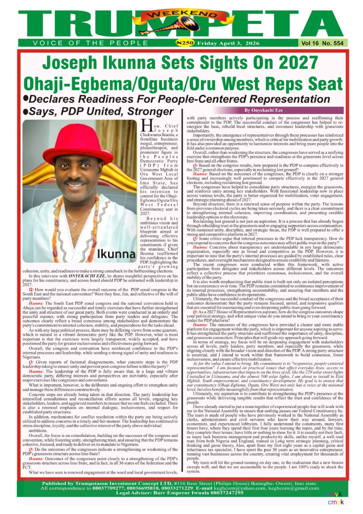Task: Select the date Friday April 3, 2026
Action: pyautogui.click(x=228, y=43)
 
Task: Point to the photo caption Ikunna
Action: pyautogui.click(x=116, y=254)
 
